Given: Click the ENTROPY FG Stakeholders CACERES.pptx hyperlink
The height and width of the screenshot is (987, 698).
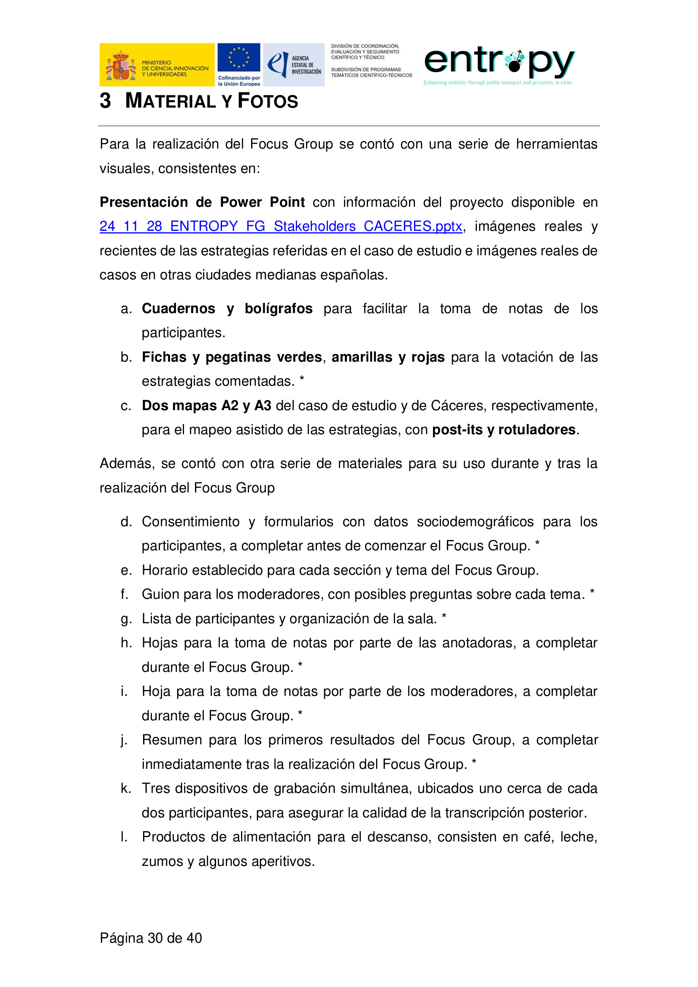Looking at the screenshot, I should pyautogui.click(x=280, y=226).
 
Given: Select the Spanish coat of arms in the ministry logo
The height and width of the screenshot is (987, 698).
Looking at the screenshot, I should pyautogui.click(x=121, y=66).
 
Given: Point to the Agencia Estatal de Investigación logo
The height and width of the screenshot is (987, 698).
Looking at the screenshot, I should pyautogui.click(x=294, y=65).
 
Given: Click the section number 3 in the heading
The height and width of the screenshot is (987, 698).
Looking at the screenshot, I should pyautogui.click(x=106, y=101).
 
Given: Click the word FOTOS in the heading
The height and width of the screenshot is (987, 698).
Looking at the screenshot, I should pyautogui.click(x=268, y=101).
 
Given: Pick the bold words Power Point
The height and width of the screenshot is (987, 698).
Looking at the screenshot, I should pyautogui.click(x=262, y=202).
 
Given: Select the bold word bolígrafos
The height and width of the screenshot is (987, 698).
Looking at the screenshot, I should pyautogui.click(x=279, y=308).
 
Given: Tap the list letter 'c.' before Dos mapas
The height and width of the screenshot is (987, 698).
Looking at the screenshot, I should pyautogui.click(x=125, y=406).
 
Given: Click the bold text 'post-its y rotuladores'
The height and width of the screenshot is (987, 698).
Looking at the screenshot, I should pyautogui.click(x=504, y=430).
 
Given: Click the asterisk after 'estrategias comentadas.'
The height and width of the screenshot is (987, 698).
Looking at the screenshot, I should pyautogui.click(x=302, y=379).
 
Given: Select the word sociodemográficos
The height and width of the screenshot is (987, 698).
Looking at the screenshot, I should pyautogui.click(x=475, y=522).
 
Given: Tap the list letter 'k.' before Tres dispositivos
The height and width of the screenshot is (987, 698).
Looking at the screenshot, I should pyautogui.click(x=125, y=788).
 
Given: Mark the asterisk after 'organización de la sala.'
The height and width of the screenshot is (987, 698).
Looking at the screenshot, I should pyautogui.click(x=444, y=616).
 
